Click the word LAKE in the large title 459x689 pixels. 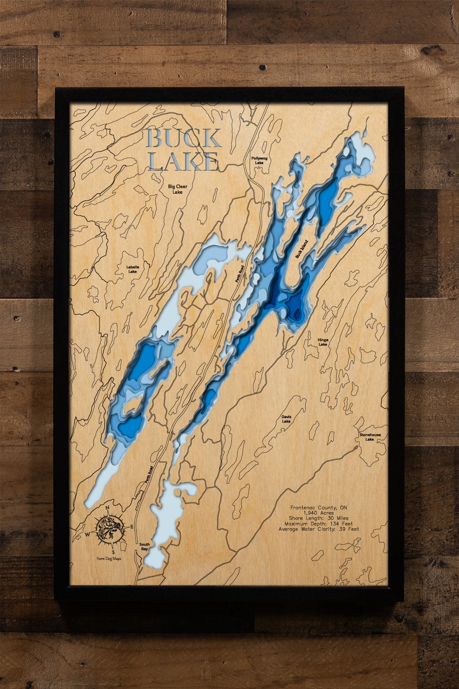[x=183, y=162]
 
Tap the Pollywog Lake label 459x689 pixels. [x=259, y=161]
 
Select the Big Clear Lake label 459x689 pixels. [x=177, y=189]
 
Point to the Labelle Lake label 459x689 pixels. [x=133, y=269]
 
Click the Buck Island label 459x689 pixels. [x=301, y=249]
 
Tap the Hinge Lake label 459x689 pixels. [x=323, y=342]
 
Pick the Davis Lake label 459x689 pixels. [x=286, y=419]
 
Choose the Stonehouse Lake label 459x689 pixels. [x=370, y=437]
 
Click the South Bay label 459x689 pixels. [x=144, y=546]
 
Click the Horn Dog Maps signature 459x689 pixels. [x=109, y=558]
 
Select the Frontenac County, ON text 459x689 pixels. [x=318, y=507]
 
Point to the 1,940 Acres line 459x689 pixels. [x=318, y=513]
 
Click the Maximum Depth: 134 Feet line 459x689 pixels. [x=318, y=524]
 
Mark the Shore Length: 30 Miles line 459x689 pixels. [x=318, y=518]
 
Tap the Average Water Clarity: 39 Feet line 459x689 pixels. [x=318, y=529]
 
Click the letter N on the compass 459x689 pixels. [x=108, y=508]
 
